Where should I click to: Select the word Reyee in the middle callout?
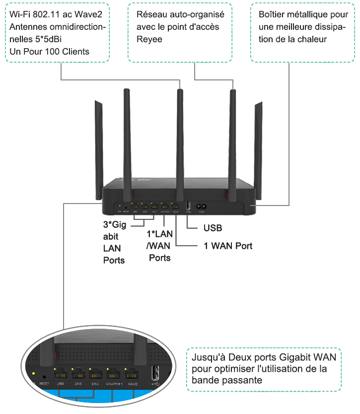149,39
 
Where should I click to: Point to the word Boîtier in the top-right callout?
272,14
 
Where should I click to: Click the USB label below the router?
213,228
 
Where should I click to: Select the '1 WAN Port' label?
228,246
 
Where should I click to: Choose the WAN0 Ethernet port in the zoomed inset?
133,375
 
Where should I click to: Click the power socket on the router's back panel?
202,207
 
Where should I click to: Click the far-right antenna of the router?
257,139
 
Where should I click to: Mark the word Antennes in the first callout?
25,27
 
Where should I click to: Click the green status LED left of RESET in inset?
33,373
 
